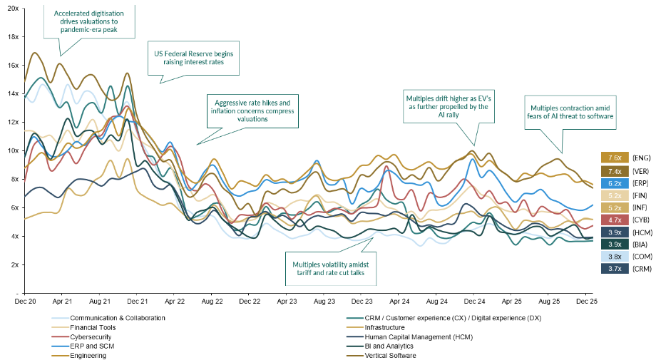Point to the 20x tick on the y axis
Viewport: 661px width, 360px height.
pos(11,8)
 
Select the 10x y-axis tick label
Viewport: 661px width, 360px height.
pos(11,150)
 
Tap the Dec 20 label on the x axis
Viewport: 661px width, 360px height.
pos(24,302)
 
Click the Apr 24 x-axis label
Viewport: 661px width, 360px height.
pos(399,302)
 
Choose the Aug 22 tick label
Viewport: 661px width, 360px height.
pos(211,302)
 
